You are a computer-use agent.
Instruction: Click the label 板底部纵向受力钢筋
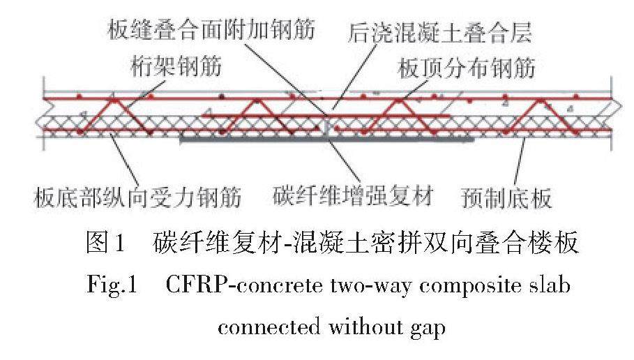pos(137,199)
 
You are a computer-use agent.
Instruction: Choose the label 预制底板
pos(507,199)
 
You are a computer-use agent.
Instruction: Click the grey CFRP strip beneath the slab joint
pos(328,140)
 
